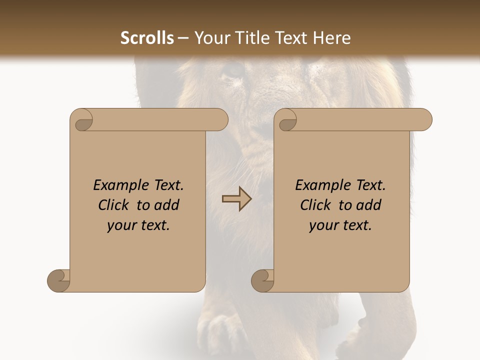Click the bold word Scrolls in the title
(147, 38)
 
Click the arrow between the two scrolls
(236, 199)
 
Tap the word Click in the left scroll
(113, 205)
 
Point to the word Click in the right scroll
(315, 205)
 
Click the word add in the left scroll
(167, 205)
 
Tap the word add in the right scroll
(369, 205)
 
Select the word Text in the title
(290, 38)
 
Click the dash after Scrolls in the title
(183, 38)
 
